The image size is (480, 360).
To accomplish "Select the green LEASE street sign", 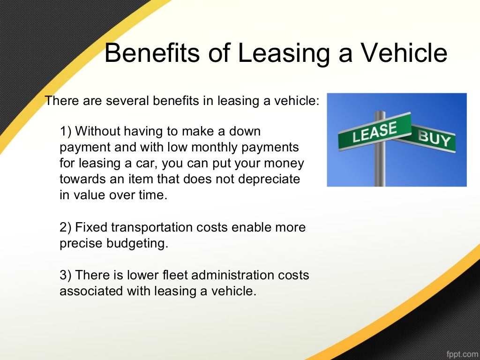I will [x=374, y=131].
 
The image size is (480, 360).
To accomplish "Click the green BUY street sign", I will [x=434, y=139].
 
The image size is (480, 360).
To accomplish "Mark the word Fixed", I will [x=91, y=228].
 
